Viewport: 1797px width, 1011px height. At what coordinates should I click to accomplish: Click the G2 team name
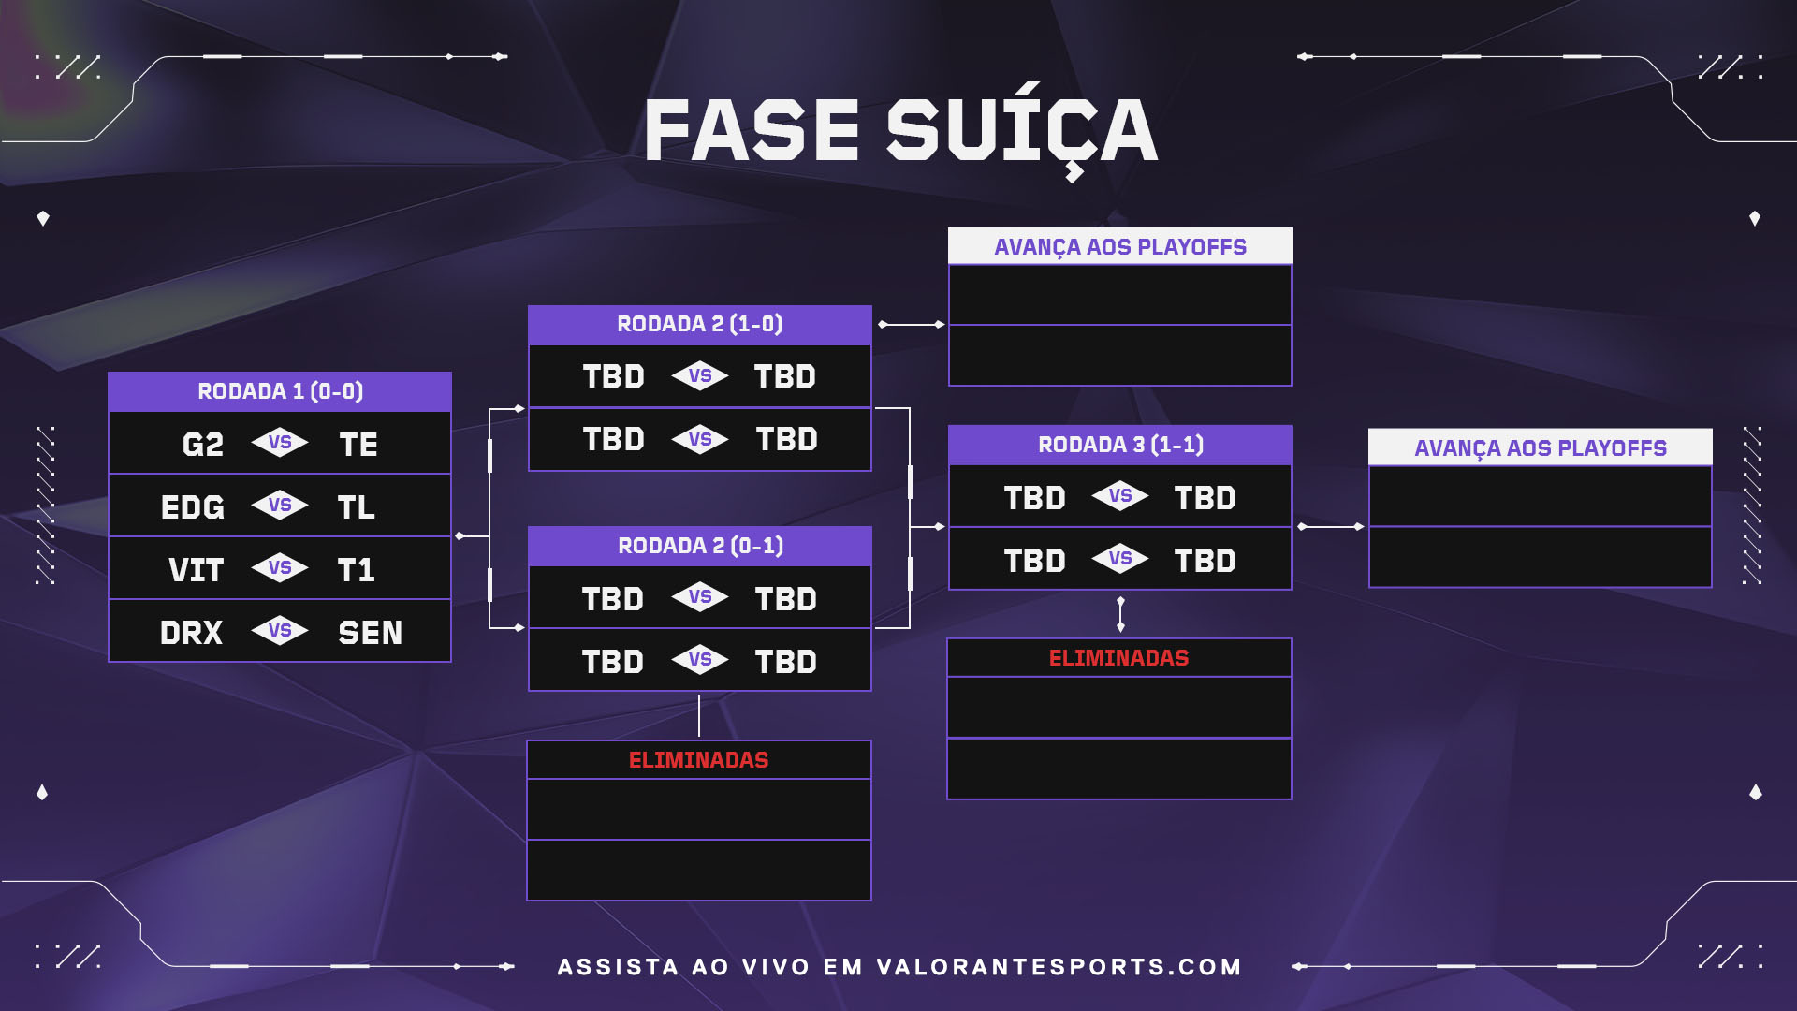coord(203,444)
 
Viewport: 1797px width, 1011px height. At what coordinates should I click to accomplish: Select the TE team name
coord(358,444)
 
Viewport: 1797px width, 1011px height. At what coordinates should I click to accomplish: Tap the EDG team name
coord(193,506)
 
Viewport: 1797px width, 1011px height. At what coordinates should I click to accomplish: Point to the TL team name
coord(357,506)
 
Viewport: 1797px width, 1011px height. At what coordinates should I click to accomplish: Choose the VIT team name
coord(197,569)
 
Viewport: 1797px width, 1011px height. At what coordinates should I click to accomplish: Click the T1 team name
coord(357,569)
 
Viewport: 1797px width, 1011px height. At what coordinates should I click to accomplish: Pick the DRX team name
coord(192,632)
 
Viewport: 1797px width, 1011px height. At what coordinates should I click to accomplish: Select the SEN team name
coord(371,632)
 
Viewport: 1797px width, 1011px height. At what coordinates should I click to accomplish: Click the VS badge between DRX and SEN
coord(280,631)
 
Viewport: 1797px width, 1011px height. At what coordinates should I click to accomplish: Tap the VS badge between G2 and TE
coord(280,442)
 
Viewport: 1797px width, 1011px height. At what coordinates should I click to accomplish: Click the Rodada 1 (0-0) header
coord(280,391)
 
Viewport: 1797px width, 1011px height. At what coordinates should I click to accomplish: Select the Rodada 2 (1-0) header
coord(700,324)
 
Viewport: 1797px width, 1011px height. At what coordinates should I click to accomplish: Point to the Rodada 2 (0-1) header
coord(700,546)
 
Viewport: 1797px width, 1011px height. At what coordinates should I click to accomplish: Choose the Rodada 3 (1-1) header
coord(1120,445)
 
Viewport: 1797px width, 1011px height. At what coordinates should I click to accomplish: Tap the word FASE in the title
coord(752,130)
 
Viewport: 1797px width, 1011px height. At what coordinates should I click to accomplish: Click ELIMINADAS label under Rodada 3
coord(1119,658)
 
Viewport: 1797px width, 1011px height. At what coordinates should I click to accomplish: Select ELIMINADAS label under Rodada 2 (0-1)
coord(699,760)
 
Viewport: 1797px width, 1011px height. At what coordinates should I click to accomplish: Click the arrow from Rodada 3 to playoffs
coord(1330,527)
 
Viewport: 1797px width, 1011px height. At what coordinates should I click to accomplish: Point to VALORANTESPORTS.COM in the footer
coord(1059,967)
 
